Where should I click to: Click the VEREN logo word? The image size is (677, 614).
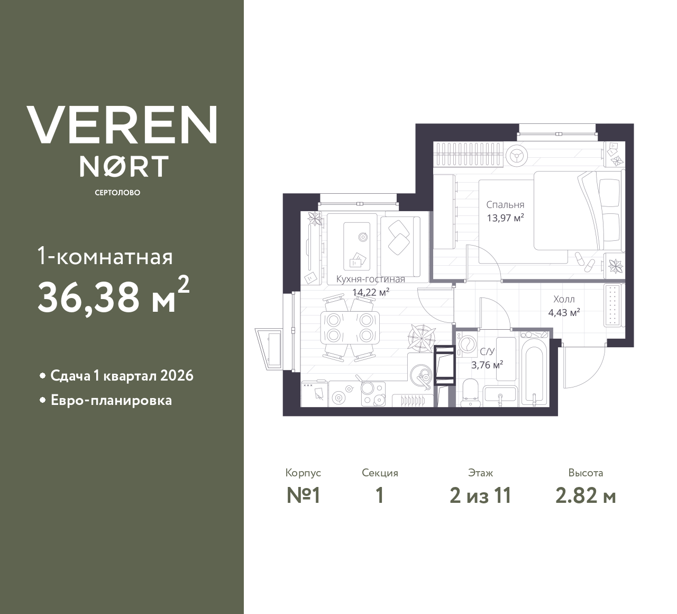(122, 124)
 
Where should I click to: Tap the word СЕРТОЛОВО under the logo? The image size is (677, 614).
(117, 193)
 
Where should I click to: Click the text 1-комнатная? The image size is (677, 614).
(105, 257)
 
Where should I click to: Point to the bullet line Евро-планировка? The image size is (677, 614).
(111, 401)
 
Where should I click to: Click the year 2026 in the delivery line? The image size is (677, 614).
(177, 376)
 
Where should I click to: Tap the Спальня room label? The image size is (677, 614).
(505, 205)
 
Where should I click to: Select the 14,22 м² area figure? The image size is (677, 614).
(371, 292)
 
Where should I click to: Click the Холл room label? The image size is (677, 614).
(564, 299)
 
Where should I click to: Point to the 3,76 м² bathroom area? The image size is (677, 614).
(487, 365)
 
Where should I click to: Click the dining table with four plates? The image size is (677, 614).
(350, 327)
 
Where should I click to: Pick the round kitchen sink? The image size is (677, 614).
(420, 375)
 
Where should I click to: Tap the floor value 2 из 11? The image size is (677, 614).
(480, 496)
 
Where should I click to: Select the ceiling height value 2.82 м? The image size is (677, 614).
(585, 496)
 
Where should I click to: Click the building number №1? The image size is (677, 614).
(304, 496)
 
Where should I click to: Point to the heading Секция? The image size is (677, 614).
(380, 473)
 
